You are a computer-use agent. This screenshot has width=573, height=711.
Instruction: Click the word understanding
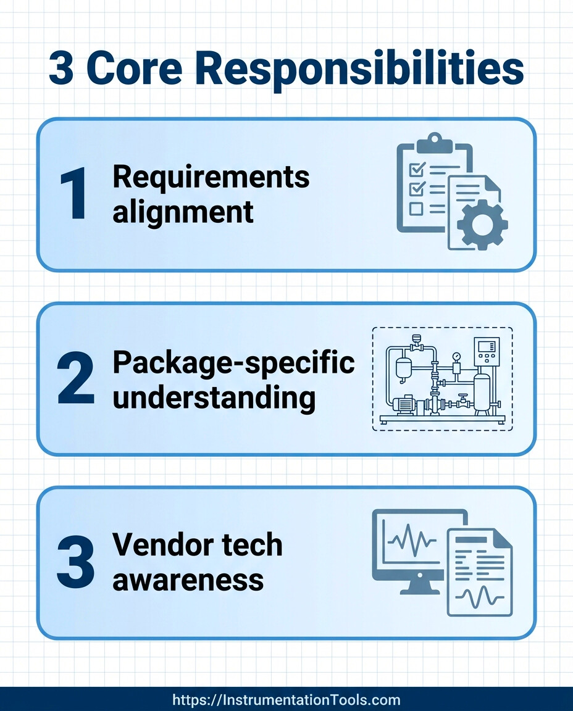click(214, 398)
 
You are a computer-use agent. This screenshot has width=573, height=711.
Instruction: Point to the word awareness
click(188, 580)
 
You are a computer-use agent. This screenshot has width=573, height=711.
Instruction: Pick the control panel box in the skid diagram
click(487, 354)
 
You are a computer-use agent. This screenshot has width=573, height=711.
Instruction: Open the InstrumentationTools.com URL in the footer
click(286, 700)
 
